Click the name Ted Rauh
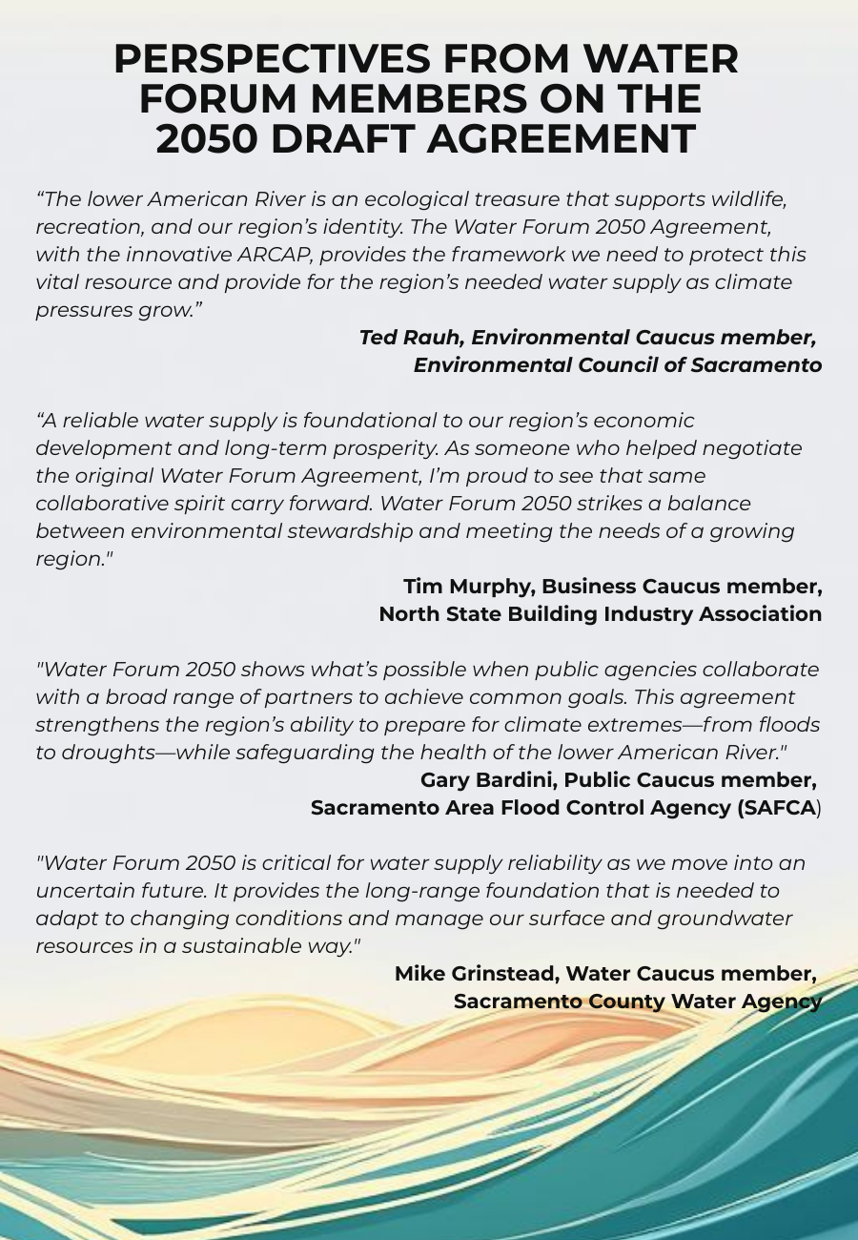410,338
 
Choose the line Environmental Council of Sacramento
617,365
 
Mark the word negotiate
753,448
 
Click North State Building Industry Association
600,614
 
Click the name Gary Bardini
487,780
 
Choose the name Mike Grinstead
476,974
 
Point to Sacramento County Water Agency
637,1002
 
